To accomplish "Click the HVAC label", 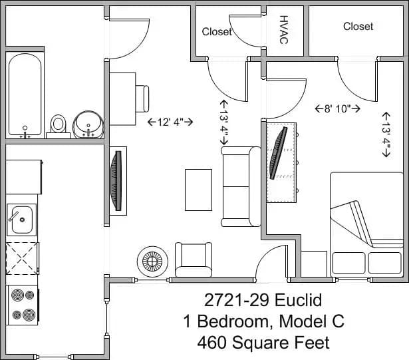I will [284, 30].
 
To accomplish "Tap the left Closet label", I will [217, 31].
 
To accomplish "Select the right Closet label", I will [358, 26].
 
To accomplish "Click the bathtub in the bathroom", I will [25, 95].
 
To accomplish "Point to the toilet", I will [59, 124].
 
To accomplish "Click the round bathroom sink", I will [87, 124].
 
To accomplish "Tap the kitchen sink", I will [22, 219].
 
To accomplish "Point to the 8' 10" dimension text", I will [337, 107].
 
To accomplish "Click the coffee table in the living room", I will [198, 190].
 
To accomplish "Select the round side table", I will [150, 262].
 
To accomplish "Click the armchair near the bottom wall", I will [193, 258].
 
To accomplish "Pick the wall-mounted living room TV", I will [118, 181].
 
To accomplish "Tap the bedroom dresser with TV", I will [281, 162].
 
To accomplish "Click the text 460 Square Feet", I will [263, 343].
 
